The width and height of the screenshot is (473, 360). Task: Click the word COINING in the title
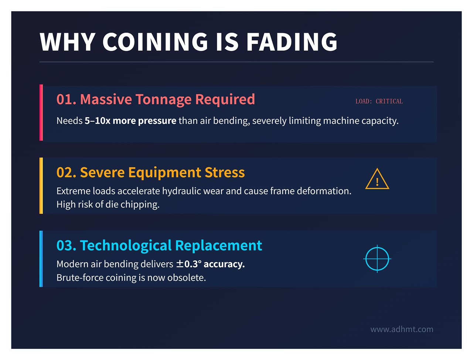click(155, 42)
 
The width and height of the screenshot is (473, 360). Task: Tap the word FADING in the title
click(292, 42)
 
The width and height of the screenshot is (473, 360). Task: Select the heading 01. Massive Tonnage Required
click(156, 99)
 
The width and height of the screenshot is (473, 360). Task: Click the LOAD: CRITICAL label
click(379, 101)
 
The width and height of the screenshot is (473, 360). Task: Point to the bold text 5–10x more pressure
click(130, 121)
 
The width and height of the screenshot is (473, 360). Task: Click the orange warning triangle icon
click(377, 179)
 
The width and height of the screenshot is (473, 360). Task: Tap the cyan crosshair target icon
click(377, 259)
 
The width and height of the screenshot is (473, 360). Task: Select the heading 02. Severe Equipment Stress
click(150, 172)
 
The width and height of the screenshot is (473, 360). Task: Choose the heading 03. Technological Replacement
click(159, 246)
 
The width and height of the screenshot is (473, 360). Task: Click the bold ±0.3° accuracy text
click(210, 264)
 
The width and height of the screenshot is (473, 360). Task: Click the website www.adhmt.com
click(402, 329)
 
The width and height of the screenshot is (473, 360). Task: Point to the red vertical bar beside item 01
click(41, 113)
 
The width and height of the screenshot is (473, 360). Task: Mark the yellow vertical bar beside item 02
click(41, 186)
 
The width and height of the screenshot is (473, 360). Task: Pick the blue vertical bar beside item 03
click(41, 259)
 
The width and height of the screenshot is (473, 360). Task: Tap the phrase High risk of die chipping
click(108, 205)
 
